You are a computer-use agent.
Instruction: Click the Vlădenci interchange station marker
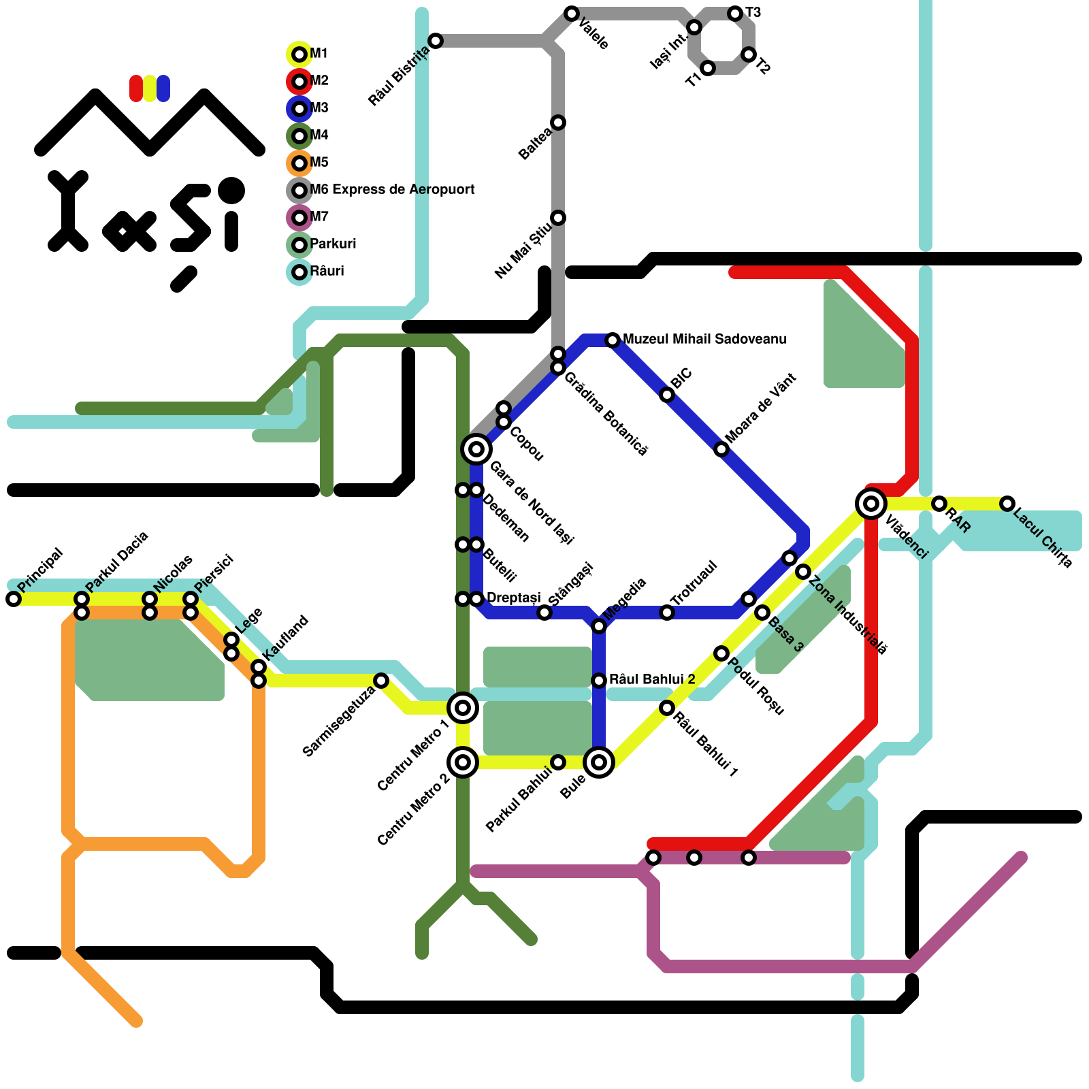[x=871, y=504]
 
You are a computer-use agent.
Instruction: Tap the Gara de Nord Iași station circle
[x=476, y=449]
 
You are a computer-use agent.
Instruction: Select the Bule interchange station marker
[x=599, y=762]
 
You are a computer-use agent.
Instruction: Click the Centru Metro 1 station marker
[x=463, y=708]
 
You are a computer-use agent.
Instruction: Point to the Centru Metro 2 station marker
[x=463, y=762]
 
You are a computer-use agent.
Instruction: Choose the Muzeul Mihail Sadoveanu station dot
[x=613, y=340]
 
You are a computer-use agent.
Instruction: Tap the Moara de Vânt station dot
[x=721, y=449]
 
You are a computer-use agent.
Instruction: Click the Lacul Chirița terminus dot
[x=1007, y=504]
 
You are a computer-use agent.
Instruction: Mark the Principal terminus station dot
[x=14, y=599]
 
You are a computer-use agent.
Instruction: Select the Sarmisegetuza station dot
[x=381, y=681]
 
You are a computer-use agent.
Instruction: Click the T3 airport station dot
[x=735, y=14]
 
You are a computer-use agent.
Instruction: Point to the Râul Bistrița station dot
[x=436, y=41]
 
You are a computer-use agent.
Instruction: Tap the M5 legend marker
[x=299, y=163]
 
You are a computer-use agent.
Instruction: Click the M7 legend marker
[x=299, y=218]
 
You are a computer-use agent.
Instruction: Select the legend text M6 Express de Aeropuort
[x=392, y=190]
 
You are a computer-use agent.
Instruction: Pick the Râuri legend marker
[x=299, y=272]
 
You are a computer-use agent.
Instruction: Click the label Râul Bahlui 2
[x=652, y=679]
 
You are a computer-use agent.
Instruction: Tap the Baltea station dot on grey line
[x=558, y=123]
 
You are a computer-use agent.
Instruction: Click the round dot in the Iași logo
[x=231, y=191]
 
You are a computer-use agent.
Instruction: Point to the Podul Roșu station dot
[x=721, y=653]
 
